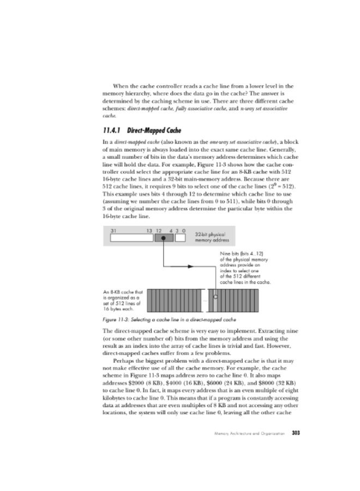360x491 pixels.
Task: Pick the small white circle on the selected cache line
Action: point(215,297)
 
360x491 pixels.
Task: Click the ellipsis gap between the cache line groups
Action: point(205,301)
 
